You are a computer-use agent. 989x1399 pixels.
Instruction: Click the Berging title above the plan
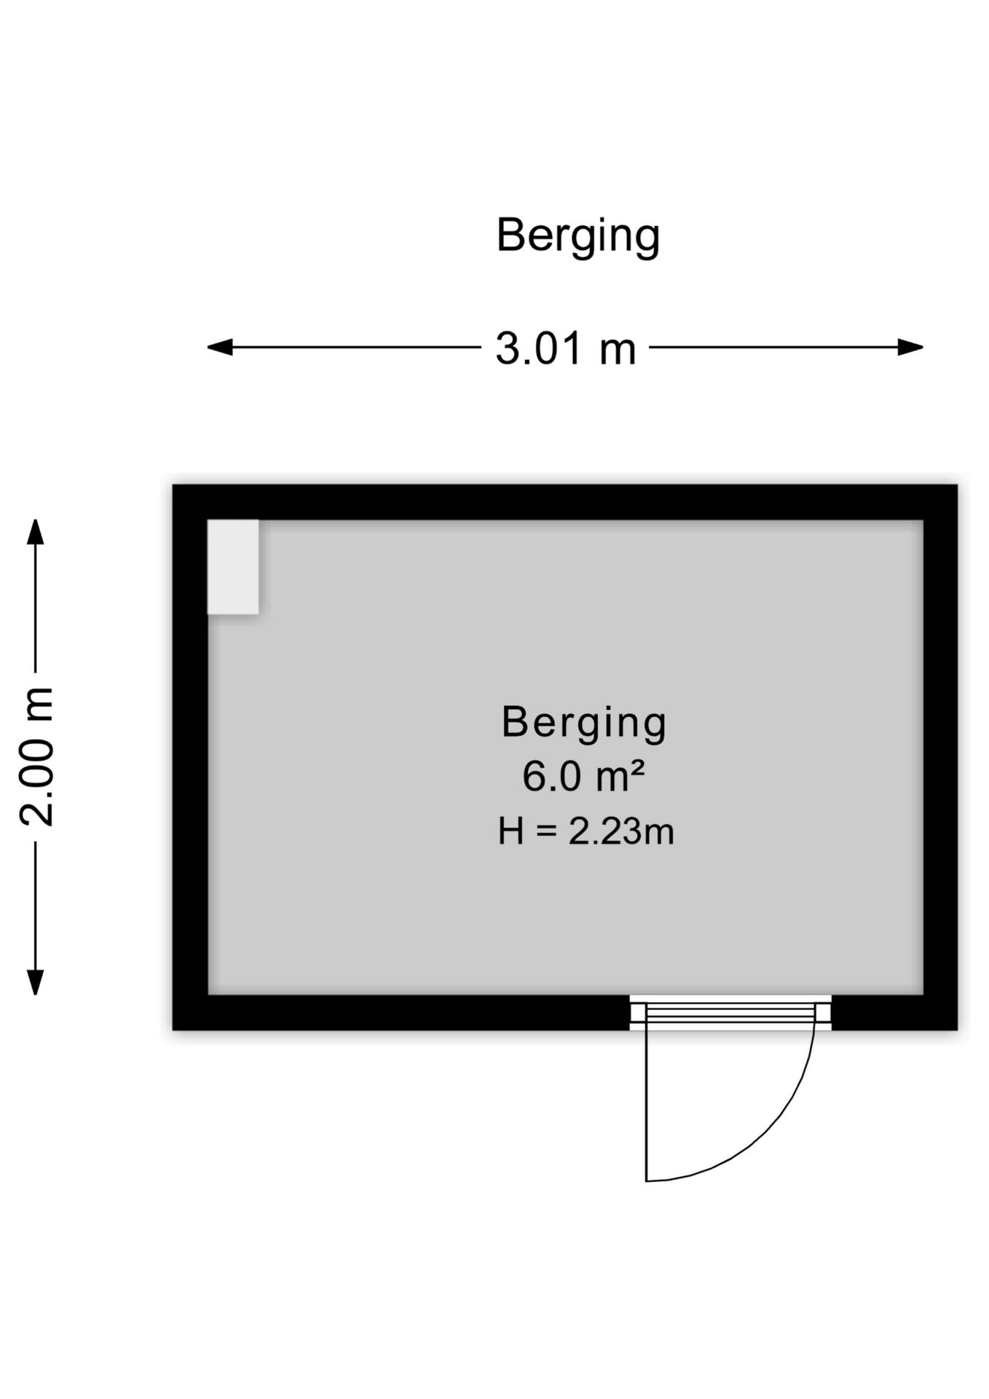point(578,235)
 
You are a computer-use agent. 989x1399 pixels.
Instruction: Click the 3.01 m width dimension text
point(566,348)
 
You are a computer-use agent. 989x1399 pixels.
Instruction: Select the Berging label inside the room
point(584,723)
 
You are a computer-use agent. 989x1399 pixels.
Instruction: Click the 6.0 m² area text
point(583,776)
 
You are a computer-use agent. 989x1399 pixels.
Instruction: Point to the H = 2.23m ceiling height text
point(586,831)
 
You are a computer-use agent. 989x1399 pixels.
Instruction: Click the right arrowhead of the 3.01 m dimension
point(910,348)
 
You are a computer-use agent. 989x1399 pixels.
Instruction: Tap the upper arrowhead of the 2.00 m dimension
point(35,531)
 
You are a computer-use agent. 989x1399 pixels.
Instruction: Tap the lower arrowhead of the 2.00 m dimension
point(35,982)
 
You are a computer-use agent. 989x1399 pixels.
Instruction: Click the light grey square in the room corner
point(233,567)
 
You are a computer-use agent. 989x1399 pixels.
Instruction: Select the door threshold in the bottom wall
point(730,1013)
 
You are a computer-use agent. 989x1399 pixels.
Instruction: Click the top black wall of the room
point(564,502)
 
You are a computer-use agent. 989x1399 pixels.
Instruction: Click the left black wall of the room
point(190,757)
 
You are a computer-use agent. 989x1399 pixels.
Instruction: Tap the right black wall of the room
point(940,757)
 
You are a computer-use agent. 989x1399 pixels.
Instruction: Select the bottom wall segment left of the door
point(401,1013)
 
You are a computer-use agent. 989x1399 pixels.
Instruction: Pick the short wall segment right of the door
point(894,1013)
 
